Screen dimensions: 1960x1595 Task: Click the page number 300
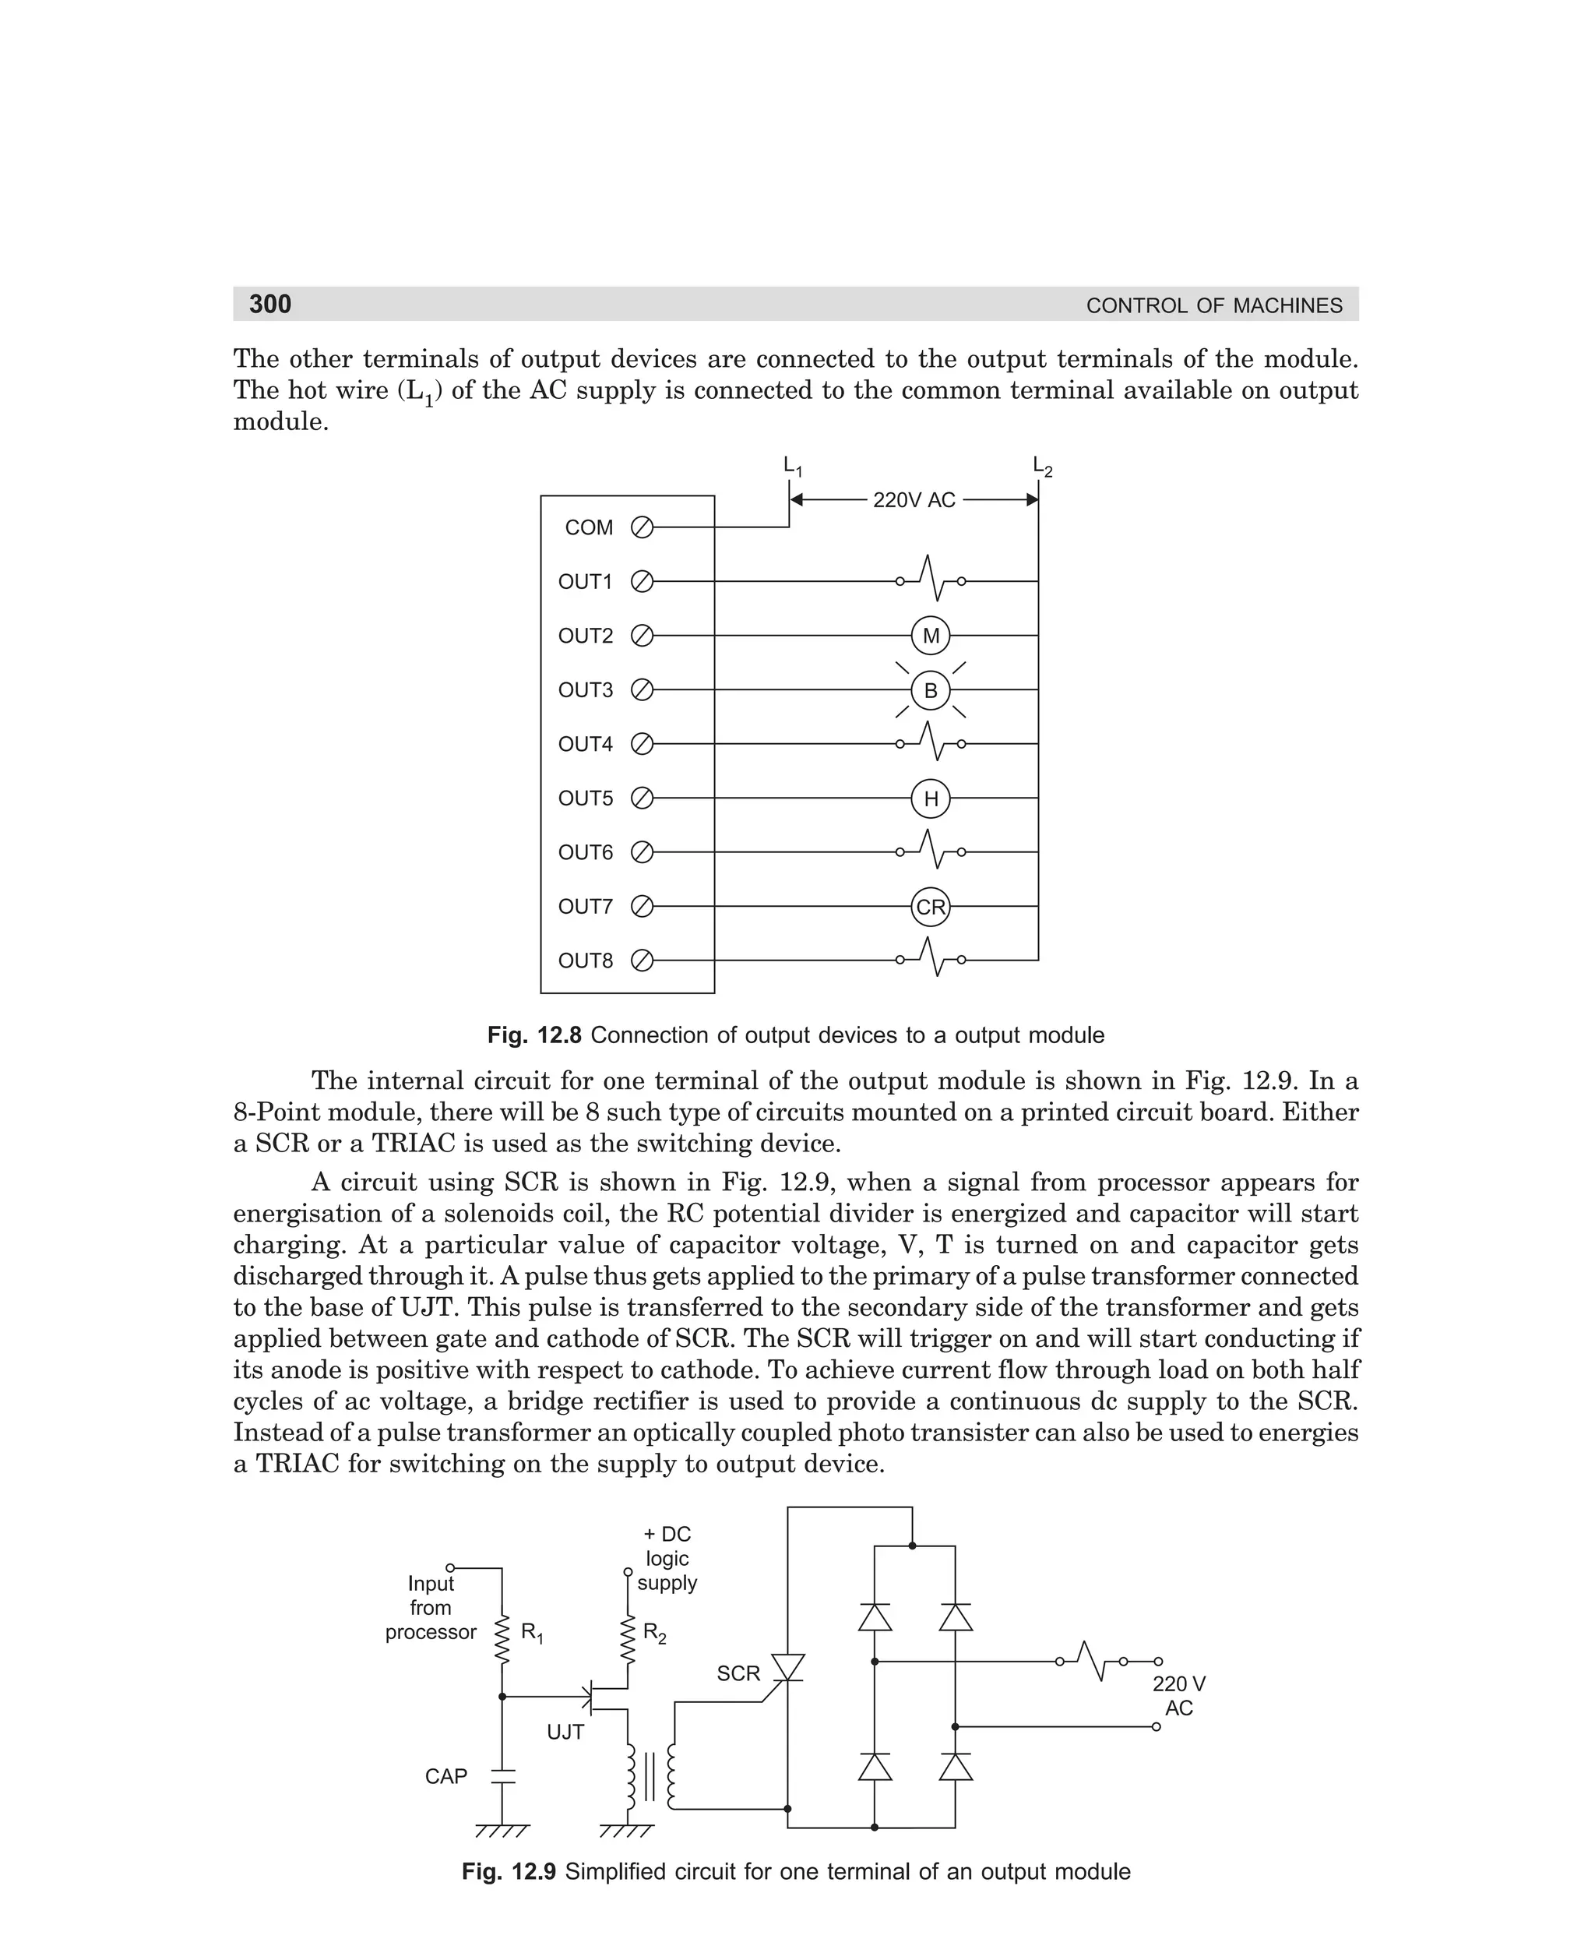(x=270, y=304)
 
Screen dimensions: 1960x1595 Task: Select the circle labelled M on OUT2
(x=930, y=636)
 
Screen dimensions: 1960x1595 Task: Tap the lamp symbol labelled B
(x=930, y=690)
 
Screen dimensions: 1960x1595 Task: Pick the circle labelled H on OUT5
(x=930, y=798)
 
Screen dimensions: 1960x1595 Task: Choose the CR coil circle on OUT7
(x=930, y=907)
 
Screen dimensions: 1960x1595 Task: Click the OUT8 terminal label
(x=585, y=961)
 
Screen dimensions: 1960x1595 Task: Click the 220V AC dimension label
(x=914, y=501)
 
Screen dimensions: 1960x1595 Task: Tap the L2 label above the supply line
(x=1042, y=467)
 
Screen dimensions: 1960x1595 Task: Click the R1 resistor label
(x=532, y=1632)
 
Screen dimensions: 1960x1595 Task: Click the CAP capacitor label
(x=446, y=1776)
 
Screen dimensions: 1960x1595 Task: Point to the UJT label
(x=565, y=1732)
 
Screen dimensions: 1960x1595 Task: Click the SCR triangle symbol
(x=787, y=1668)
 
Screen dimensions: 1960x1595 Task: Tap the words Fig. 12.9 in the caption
(x=509, y=1872)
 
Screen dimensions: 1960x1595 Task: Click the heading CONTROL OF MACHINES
(x=1213, y=306)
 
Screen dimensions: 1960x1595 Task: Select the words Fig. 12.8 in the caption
(x=535, y=1035)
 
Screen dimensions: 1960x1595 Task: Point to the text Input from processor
(x=430, y=1607)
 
